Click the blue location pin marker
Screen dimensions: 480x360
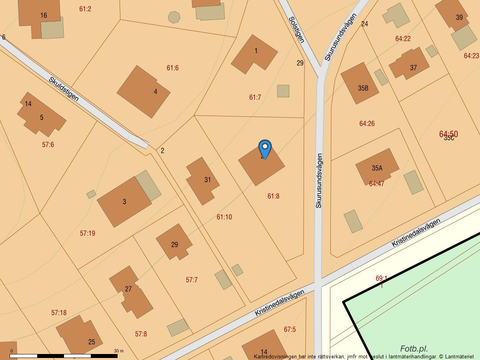click(265, 149)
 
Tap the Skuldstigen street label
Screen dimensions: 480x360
click(64, 89)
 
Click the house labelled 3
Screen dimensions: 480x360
click(124, 202)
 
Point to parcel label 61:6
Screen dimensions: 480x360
click(172, 68)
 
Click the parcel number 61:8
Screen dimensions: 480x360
click(273, 196)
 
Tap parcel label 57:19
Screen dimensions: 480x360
click(87, 233)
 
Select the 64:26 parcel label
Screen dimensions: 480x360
click(367, 124)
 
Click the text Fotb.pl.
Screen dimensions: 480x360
click(414, 349)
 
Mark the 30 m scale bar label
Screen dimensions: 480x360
click(118, 351)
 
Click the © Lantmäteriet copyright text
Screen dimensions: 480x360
click(456, 356)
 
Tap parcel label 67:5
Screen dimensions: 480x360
click(290, 330)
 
